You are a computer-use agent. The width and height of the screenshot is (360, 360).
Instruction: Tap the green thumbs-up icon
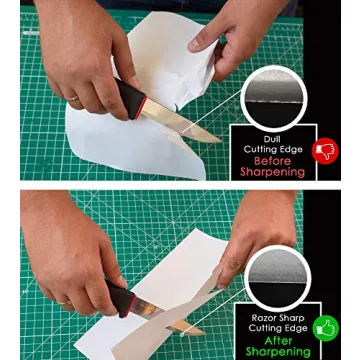tap(325, 327)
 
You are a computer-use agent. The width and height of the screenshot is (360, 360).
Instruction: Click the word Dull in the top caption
tap(272, 138)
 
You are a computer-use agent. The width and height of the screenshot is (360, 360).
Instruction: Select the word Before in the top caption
tap(272, 160)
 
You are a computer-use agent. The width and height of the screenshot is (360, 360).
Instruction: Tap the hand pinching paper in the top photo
tap(225, 35)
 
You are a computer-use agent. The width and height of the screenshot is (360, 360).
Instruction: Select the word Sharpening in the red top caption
tap(272, 172)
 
